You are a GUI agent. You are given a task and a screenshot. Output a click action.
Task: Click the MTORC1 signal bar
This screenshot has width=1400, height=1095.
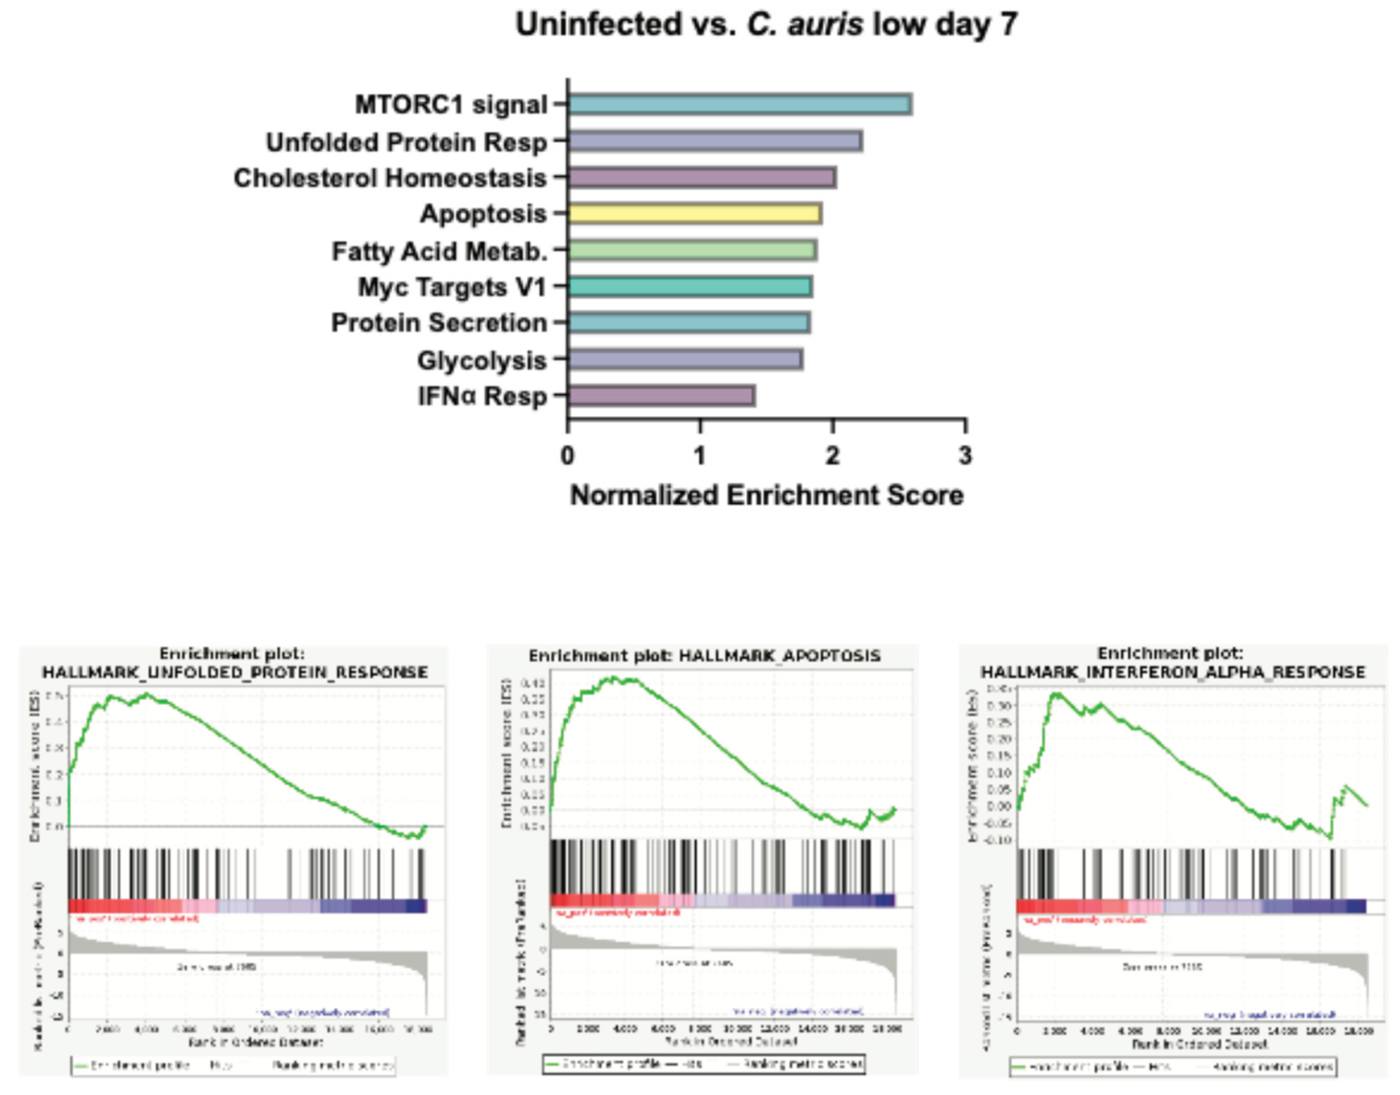739,105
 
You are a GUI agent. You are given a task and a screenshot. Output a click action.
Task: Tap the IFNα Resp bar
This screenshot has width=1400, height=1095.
661,395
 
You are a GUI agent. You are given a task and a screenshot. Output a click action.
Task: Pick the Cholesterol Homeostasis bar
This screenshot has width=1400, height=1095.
701,178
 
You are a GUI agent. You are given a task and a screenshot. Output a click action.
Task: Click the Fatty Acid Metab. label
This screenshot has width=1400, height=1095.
440,251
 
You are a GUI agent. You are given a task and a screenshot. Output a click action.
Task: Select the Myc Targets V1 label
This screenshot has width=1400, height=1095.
452,287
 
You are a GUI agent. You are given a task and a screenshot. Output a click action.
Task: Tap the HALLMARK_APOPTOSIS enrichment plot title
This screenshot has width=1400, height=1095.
704,656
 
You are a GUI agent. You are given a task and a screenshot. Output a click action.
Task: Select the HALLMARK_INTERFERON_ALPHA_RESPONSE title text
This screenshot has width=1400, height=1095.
1173,672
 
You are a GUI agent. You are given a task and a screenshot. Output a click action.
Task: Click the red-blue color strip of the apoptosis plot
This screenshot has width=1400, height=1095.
722,900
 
